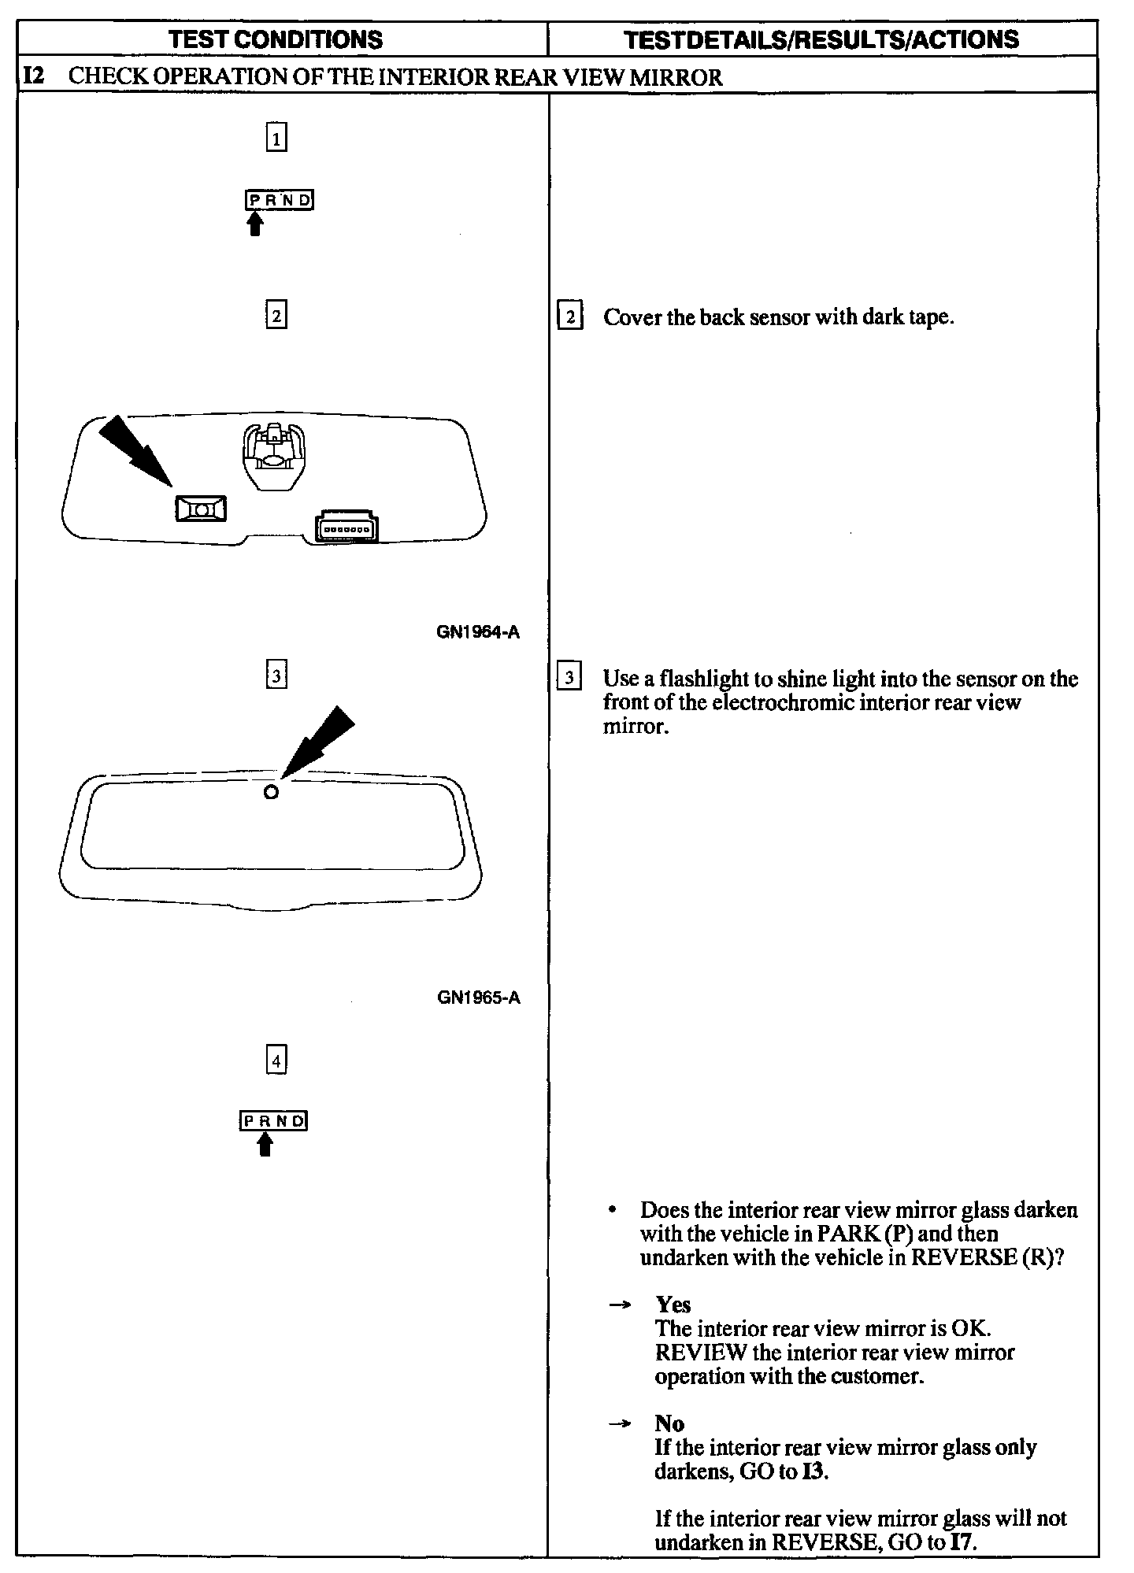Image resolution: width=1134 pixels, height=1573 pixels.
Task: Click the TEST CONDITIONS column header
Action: [276, 39]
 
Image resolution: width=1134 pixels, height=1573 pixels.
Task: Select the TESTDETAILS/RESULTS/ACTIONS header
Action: [821, 39]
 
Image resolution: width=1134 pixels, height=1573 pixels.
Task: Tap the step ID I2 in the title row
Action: [34, 77]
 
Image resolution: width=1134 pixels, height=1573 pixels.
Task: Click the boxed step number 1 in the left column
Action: [276, 139]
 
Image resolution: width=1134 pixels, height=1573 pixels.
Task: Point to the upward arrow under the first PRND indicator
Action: [254, 225]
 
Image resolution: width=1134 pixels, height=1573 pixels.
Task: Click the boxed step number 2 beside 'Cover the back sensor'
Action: [569, 317]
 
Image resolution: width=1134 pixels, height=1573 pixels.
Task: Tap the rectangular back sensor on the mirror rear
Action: [201, 509]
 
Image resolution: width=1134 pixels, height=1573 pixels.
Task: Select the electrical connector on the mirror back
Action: [346, 528]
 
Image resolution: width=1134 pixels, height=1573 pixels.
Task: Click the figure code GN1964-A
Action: [478, 632]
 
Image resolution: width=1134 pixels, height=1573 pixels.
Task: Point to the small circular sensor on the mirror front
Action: [271, 792]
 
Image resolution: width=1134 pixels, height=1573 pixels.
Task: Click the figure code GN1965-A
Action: [478, 997]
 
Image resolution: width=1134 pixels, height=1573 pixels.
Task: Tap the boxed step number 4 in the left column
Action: [276, 1060]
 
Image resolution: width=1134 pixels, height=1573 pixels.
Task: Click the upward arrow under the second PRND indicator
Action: [265, 1145]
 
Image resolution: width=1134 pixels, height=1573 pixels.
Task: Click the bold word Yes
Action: [673, 1305]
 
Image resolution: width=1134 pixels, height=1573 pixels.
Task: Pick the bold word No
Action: [669, 1423]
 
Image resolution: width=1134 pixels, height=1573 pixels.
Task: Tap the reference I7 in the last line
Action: [962, 1542]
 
